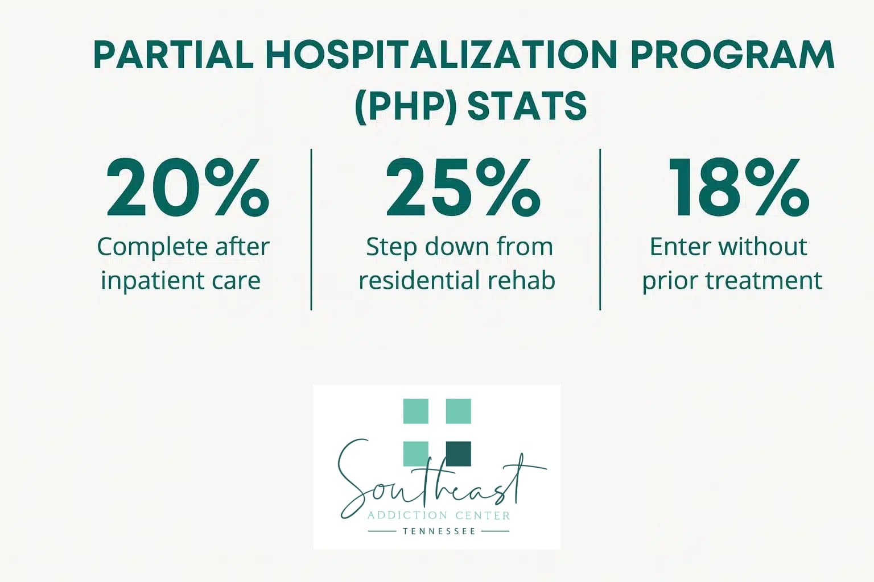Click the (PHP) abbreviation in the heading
click(x=405, y=106)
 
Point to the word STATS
click(x=527, y=106)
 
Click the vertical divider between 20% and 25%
click(x=311, y=230)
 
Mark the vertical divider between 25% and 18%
click(x=600, y=230)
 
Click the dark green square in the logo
click(x=458, y=454)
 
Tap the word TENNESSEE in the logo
click(x=439, y=531)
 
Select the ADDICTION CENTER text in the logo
click(x=439, y=516)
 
